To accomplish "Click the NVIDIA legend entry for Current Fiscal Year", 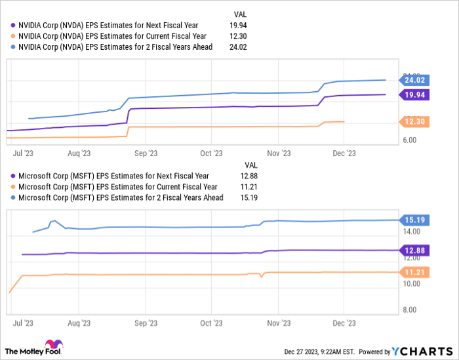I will tap(112, 36).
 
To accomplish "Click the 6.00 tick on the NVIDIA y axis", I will tap(409, 140).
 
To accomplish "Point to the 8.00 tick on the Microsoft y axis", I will tap(409, 310).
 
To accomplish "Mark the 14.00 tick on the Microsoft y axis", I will tap(410, 231).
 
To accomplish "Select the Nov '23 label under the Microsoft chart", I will tap(278, 323).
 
